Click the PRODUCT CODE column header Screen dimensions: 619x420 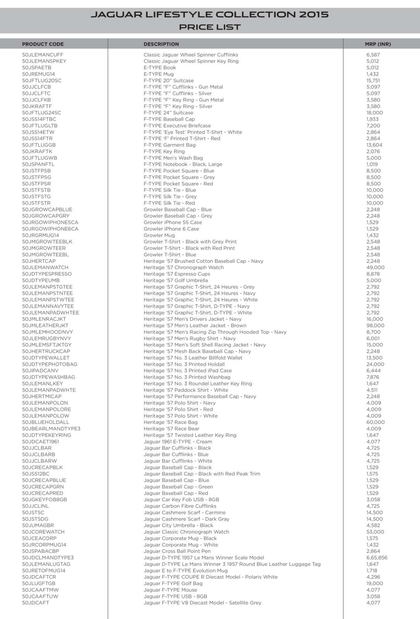[x=43, y=44]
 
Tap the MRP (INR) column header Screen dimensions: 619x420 [x=377, y=44]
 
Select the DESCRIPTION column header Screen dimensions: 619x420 [x=161, y=44]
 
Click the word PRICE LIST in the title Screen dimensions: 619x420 [x=210, y=27]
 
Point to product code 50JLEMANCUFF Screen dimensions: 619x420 [x=43, y=55]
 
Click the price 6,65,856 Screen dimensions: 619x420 [x=376, y=558]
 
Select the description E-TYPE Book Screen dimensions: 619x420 [x=159, y=68]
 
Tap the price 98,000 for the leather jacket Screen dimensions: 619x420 [x=375, y=326]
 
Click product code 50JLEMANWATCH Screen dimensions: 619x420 [x=45, y=268]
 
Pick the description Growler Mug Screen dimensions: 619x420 [x=159, y=235]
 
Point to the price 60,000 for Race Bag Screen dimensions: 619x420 [x=375, y=422]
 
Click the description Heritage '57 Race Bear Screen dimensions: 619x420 [x=171, y=429]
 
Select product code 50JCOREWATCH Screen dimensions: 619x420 [x=43, y=532]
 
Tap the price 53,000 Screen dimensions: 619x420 [x=375, y=532]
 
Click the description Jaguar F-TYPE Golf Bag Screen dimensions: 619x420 [x=173, y=583]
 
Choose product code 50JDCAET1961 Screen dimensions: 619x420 [x=41, y=442]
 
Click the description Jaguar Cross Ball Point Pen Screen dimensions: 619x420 [x=177, y=551]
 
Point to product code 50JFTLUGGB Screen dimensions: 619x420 [x=39, y=145]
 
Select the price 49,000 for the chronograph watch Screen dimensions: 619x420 [x=375, y=268]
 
